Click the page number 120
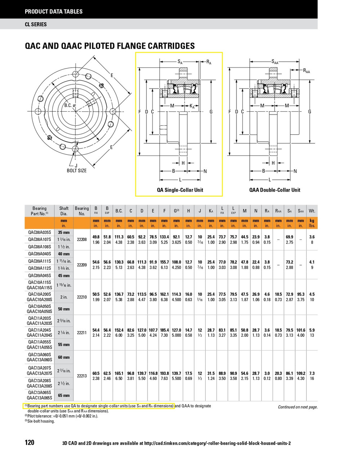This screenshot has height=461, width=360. click(x=30, y=443)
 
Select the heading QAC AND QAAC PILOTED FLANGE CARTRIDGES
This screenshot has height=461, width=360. click(x=109, y=46)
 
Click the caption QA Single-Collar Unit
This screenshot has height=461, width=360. click(x=180, y=190)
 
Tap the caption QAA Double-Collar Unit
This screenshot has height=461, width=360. click(x=275, y=190)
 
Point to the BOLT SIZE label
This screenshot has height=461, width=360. click(x=77, y=170)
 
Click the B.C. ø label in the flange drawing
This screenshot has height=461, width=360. click(x=70, y=106)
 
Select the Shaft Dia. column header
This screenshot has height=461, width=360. click(x=64, y=211)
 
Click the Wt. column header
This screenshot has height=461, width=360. click(x=312, y=211)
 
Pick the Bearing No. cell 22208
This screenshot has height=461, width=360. click(x=82, y=240)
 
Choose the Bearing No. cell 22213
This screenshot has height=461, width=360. click(x=82, y=376)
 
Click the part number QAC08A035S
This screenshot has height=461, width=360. click(x=40, y=232)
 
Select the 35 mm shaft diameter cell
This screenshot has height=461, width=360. click(x=64, y=232)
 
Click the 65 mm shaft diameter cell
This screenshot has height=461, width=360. click(x=64, y=395)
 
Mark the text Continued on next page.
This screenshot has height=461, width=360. click(x=298, y=407)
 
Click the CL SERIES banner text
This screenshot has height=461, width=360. click(x=36, y=24)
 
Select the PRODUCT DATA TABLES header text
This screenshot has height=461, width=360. click(x=54, y=12)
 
